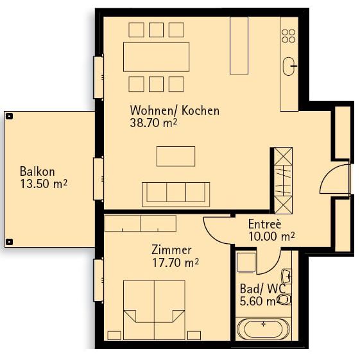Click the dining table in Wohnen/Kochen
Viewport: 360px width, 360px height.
point(157,56)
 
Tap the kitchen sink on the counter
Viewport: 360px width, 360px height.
point(289,63)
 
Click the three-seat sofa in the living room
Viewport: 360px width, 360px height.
point(175,193)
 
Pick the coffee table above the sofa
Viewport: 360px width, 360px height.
point(175,156)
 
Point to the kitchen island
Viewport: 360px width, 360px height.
point(239,45)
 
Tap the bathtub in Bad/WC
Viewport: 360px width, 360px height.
point(264,329)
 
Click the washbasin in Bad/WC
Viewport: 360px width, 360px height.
point(287,277)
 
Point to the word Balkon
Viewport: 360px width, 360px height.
point(37,172)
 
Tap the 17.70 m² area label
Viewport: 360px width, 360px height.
point(175,262)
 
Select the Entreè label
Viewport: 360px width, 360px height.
point(264,224)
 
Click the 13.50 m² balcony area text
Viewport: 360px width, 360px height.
point(44,184)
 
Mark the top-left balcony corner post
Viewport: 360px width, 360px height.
point(9,116)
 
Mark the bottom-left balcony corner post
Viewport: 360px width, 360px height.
point(9,242)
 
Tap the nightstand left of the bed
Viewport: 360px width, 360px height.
point(115,335)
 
